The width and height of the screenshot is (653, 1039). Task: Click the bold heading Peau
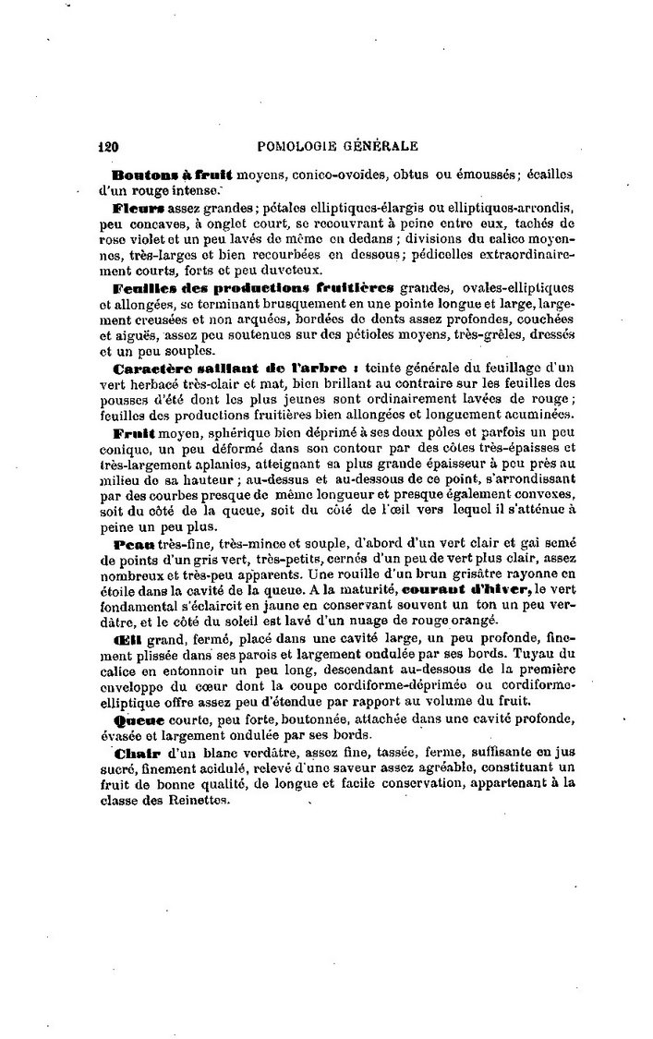tap(129, 546)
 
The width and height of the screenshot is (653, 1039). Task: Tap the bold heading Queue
tap(138, 718)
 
